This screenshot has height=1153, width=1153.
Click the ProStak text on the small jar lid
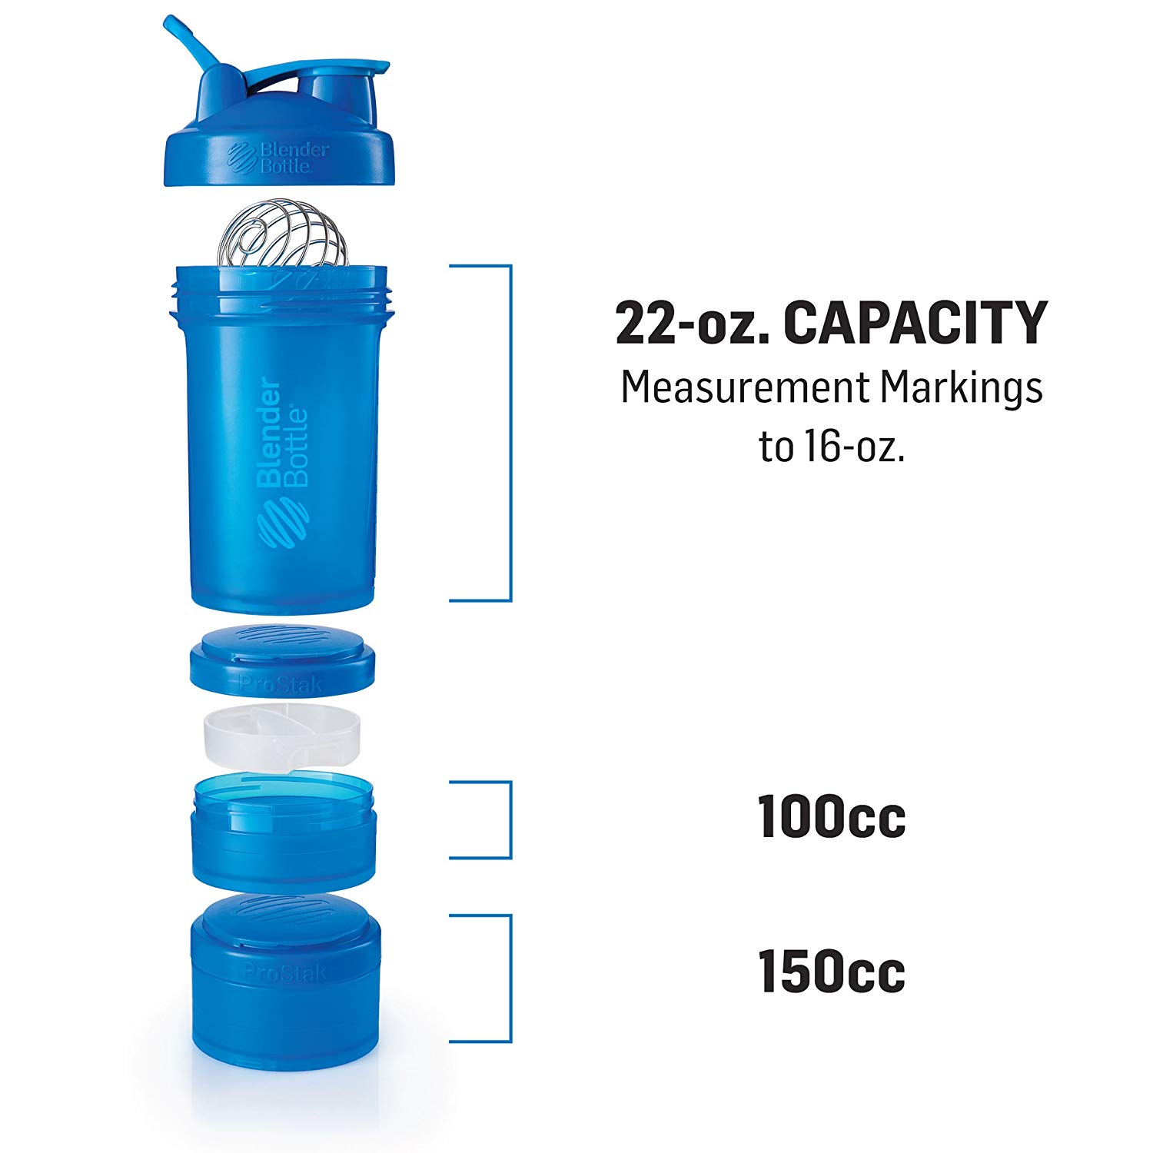click(x=281, y=683)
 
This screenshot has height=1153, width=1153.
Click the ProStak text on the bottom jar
click(x=284, y=972)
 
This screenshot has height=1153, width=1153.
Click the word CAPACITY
click(x=915, y=323)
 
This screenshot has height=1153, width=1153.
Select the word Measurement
click(x=743, y=387)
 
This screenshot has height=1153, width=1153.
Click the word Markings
click(x=961, y=387)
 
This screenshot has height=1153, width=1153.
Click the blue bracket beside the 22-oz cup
click(x=510, y=433)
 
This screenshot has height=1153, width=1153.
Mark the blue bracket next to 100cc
click(x=510, y=819)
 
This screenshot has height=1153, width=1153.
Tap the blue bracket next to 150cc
click(x=510, y=978)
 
